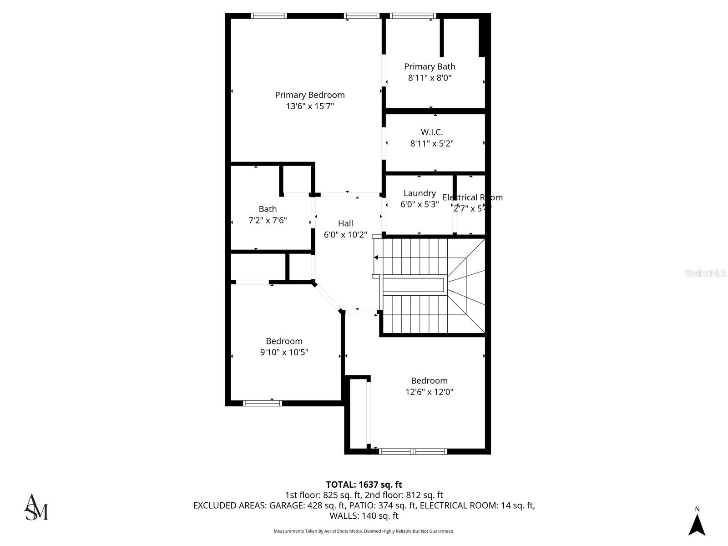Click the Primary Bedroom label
point(309,95)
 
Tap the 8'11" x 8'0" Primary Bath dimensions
point(430,78)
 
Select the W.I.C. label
point(431,132)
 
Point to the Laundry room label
point(420,193)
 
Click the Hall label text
point(345,223)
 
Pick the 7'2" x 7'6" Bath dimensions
point(268,221)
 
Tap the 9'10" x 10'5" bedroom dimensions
point(284,352)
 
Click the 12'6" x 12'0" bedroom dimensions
point(429,392)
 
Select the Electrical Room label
point(472,197)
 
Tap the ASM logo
point(36,507)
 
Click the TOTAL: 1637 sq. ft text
point(364,485)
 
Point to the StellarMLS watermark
point(705,273)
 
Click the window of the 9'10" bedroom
point(263,403)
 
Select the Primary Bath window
point(413,16)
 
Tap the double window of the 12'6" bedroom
point(413,451)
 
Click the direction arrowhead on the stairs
point(376,258)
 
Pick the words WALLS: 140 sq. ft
point(364,516)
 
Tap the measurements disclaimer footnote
point(364,531)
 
